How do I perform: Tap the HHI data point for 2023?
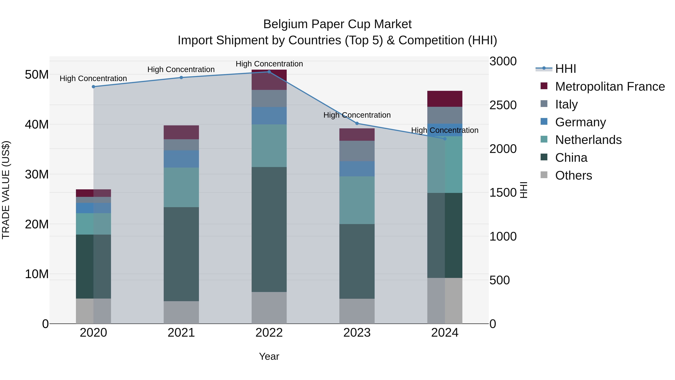(x=357, y=123)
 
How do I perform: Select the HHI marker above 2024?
(x=445, y=139)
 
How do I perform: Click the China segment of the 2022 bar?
(x=269, y=230)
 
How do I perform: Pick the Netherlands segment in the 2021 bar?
(x=181, y=187)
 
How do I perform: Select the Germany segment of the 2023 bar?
(x=357, y=169)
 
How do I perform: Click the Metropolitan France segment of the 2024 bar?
(x=445, y=99)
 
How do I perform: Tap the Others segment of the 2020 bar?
(x=93, y=311)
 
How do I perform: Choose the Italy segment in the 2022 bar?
(x=269, y=98)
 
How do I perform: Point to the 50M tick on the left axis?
(x=37, y=75)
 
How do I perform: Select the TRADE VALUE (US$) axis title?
(x=6, y=190)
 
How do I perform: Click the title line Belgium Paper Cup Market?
(x=337, y=24)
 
